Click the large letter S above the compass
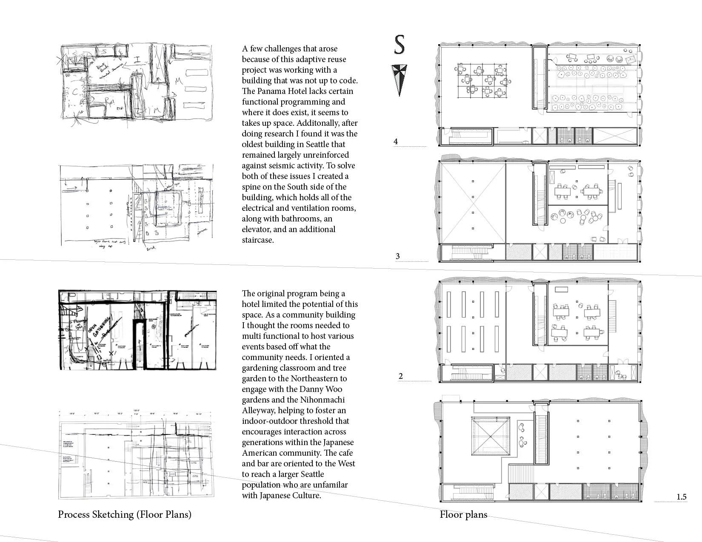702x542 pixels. tap(399, 45)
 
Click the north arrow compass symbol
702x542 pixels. tap(399, 79)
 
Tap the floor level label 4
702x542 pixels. tap(396, 141)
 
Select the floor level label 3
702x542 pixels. tap(398, 256)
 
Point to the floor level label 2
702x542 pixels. tap(401, 376)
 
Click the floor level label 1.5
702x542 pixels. tap(681, 497)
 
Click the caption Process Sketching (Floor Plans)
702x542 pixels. tap(124, 514)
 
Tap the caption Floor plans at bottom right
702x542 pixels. tap(463, 515)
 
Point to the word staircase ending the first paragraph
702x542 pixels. tap(257, 240)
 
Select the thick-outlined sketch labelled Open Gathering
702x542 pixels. tap(137, 329)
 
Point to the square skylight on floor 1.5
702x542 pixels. tap(490, 436)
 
